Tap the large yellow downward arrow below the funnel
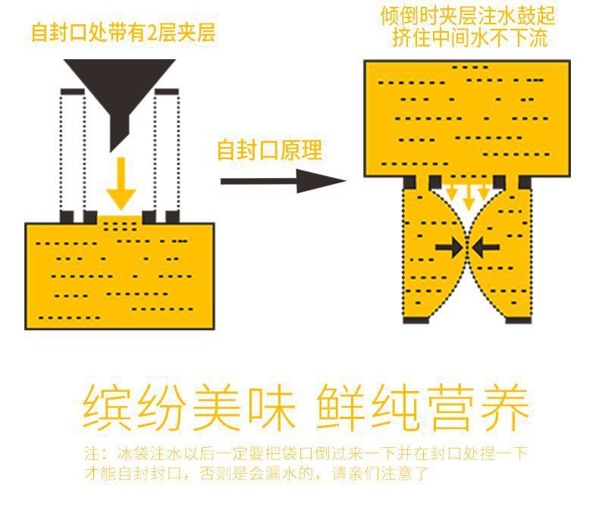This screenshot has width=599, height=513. point(120,186)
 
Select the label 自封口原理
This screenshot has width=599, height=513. point(269,149)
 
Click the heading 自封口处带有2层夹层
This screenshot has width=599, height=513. point(123,33)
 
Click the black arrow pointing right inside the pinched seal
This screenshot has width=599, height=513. point(450,247)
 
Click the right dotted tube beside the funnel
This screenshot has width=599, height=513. point(166,152)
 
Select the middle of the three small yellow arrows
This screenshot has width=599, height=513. point(468,196)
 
